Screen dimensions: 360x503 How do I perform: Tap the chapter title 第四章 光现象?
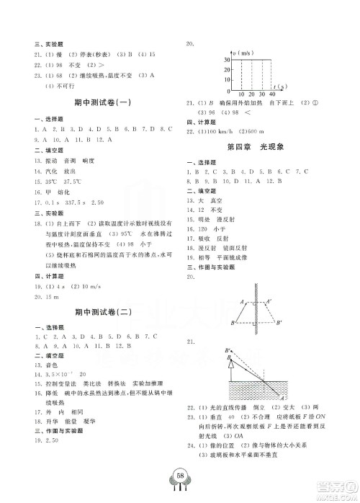pos(254,147)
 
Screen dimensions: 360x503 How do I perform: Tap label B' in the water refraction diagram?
pos(230,350)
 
